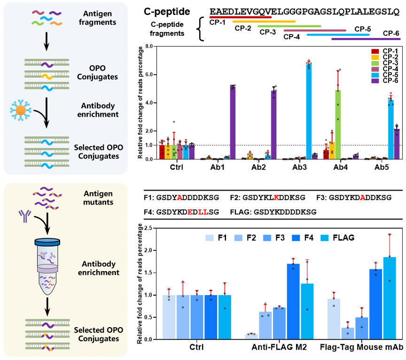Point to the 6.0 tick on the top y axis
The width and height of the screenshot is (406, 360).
[150, 75]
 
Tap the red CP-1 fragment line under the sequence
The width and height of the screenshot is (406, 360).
[241, 17]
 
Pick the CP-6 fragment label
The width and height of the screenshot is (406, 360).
[391, 33]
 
